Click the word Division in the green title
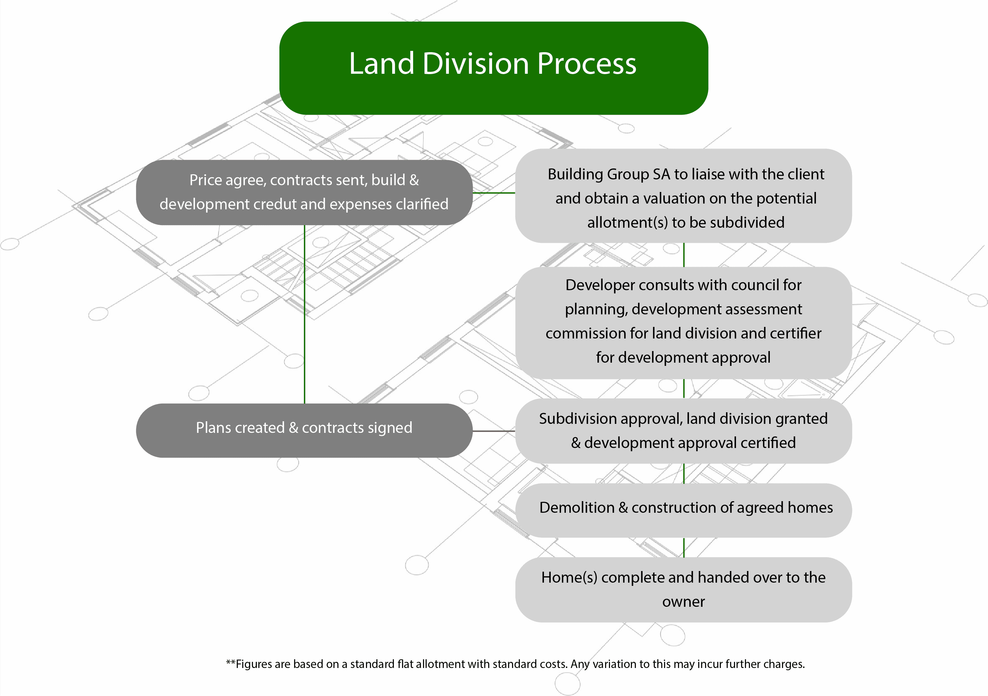476,64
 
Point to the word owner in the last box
683,602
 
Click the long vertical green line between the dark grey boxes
305,314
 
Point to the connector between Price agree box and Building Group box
494,193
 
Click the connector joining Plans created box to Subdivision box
494,431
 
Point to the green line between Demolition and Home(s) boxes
684,547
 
